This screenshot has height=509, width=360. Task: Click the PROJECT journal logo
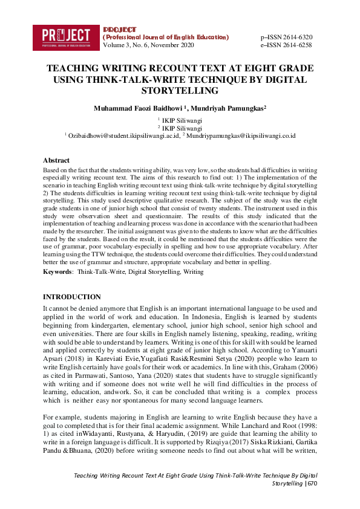pyautogui.click(x=67, y=36)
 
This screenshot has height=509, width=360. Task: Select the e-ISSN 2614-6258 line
pyautogui.click(x=286, y=45)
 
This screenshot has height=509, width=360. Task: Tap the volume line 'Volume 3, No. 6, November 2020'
pyautogui.click(x=149, y=45)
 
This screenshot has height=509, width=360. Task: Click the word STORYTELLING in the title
pyautogui.click(x=180, y=91)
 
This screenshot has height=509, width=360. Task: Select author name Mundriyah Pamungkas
pyautogui.click(x=227, y=109)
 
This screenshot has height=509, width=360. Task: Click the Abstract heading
pyautogui.click(x=56, y=160)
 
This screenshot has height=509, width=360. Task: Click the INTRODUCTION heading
pyautogui.click(x=72, y=297)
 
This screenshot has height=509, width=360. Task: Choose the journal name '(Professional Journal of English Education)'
pyautogui.click(x=166, y=37)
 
